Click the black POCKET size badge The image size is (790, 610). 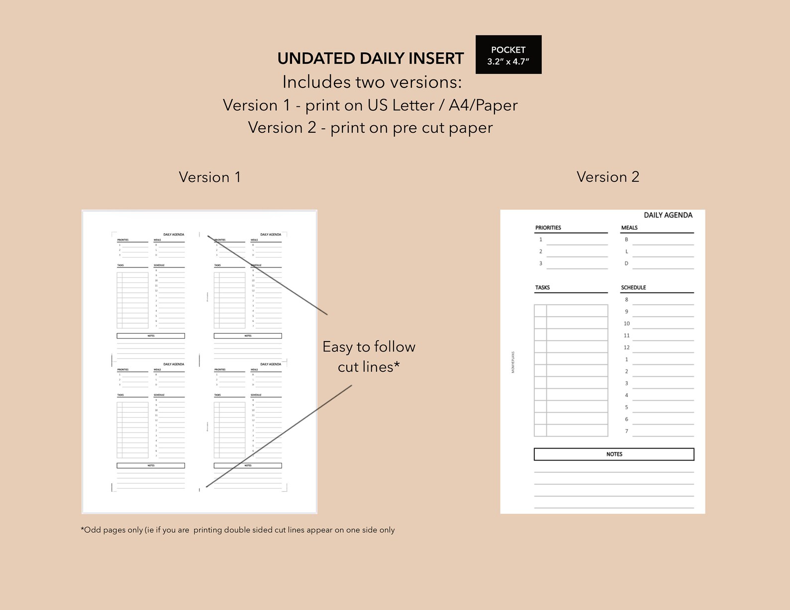pyautogui.click(x=508, y=55)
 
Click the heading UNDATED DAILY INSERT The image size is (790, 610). pyautogui.click(x=370, y=59)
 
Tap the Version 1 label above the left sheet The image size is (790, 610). pyautogui.click(x=209, y=177)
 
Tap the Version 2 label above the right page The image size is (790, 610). pyautogui.click(x=607, y=177)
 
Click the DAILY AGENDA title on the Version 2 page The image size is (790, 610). pyautogui.click(x=668, y=215)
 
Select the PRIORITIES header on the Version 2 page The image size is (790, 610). pyautogui.click(x=548, y=228)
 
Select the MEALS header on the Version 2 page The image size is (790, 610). pyautogui.click(x=629, y=228)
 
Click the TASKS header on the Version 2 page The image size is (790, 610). pyautogui.click(x=542, y=287)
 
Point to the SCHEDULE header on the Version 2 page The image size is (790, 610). pyautogui.click(x=633, y=287)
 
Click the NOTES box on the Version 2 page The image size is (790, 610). pyautogui.click(x=614, y=454)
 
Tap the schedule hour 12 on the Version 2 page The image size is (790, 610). pyautogui.click(x=626, y=348)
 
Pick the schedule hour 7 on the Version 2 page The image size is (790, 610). pyautogui.click(x=626, y=431)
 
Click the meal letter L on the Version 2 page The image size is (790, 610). pyautogui.click(x=626, y=252)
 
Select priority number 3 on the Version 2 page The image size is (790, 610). pyautogui.click(x=541, y=263)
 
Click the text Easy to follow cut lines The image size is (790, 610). pyautogui.click(x=369, y=356)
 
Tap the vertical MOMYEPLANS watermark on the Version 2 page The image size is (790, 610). pyautogui.click(x=513, y=362)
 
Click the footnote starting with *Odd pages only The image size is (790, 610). pyautogui.click(x=238, y=530)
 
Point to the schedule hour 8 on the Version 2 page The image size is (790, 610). pyautogui.click(x=626, y=300)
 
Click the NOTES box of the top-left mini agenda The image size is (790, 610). pyautogui.click(x=151, y=336)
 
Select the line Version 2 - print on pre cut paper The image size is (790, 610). pyautogui.click(x=370, y=128)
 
